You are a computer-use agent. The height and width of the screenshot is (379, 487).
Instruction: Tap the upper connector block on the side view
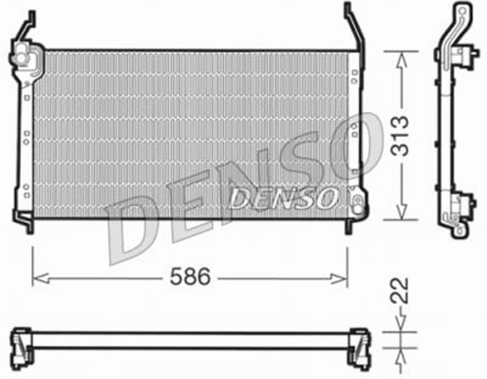coord(464,58)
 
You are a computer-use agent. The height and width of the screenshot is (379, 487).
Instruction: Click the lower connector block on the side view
coord(464,204)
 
